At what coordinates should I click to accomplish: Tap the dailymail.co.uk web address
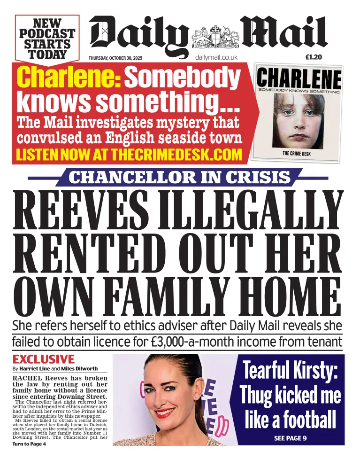pyautogui.click(x=216, y=57)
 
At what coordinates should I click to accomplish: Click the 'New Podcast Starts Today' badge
pyautogui.click(x=47, y=38)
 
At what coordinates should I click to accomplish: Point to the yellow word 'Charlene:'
pyautogui.click(x=69, y=78)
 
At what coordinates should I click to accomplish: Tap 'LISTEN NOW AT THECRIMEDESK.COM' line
pyautogui.click(x=129, y=155)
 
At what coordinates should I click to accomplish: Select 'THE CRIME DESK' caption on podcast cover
pyautogui.click(x=296, y=154)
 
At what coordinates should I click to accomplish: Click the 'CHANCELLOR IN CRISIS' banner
pyautogui.click(x=179, y=178)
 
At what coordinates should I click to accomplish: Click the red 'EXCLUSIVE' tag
pyautogui.click(x=44, y=359)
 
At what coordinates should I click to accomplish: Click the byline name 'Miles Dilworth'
pyautogui.click(x=79, y=369)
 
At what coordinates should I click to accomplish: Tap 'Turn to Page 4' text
pyautogui.click(x=29, y=444)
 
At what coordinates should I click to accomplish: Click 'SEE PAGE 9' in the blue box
pyautogui.click(x=290, y=438)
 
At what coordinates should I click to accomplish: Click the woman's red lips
pyautogui.click(x=165, y=413)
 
